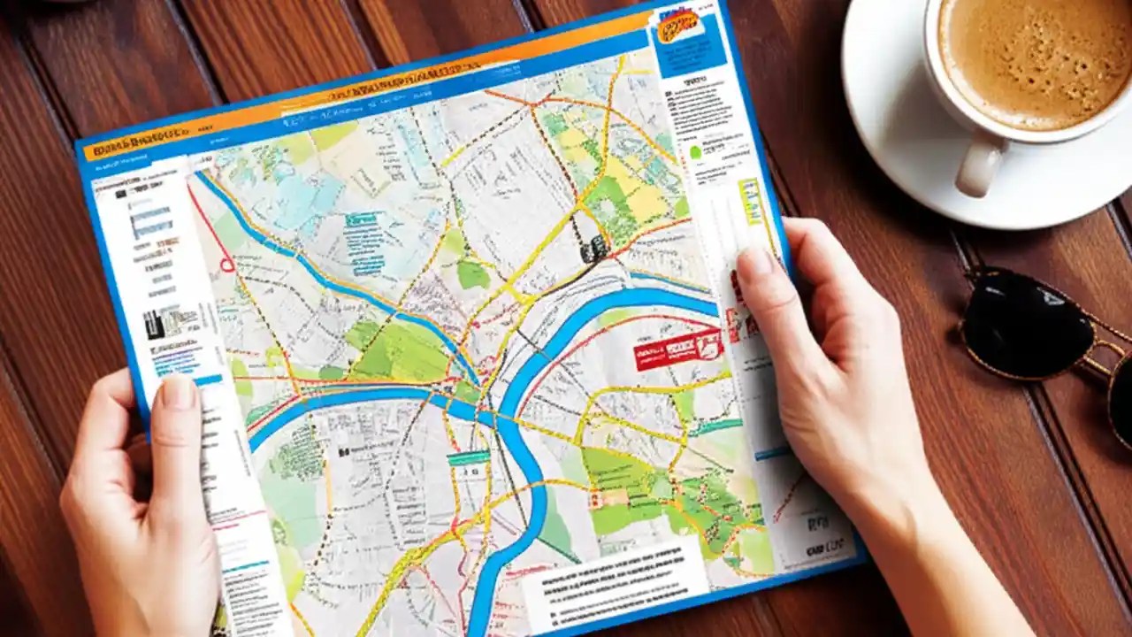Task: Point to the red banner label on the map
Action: click(x=677, y=349)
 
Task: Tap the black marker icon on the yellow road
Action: click(x=593, y=249)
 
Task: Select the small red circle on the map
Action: click(x=226, y=263)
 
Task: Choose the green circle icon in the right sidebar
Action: click(x=695, y=152)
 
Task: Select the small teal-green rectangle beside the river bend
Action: click(x=468, y=457)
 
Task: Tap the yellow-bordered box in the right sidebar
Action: click(x=750, y=200)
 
